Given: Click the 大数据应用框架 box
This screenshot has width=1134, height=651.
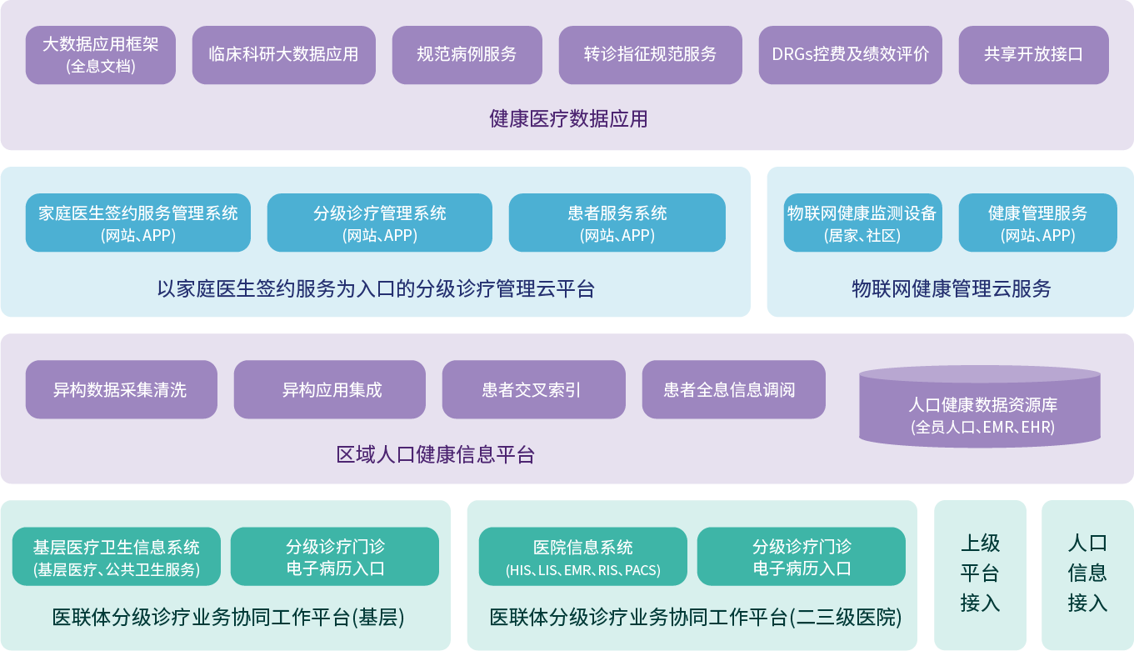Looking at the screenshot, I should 100,55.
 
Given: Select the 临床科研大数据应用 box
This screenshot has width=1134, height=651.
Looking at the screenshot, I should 283,55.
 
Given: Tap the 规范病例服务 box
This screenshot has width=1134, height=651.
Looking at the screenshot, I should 467,55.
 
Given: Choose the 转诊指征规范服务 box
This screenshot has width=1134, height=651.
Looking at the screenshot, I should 650,55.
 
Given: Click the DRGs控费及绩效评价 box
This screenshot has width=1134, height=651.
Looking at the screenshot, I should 850,55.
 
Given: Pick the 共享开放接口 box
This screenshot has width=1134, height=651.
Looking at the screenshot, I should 1033,55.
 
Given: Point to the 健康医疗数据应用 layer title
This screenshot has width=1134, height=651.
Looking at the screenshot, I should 567,119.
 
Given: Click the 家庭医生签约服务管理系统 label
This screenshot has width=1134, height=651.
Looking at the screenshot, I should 138,214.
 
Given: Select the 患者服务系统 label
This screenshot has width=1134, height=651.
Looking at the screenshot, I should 617,214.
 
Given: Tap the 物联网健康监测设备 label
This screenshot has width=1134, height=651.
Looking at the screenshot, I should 862,214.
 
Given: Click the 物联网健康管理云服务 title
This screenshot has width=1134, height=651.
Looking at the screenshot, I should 951,289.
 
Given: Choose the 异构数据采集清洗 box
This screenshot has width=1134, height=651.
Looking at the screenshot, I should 121,389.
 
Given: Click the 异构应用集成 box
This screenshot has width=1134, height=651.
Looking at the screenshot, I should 329,389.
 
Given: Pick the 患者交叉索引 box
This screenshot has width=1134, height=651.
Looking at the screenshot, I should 533,389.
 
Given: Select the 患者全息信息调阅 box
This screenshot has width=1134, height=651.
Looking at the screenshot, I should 733,389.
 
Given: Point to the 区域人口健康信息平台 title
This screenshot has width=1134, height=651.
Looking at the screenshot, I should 435,455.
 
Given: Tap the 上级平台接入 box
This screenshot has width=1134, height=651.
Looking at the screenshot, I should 980,574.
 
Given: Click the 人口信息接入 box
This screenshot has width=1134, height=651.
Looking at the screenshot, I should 1087,574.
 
